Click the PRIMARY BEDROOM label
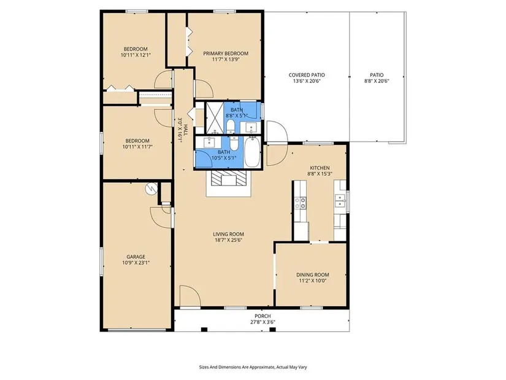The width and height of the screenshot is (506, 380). (226, 53)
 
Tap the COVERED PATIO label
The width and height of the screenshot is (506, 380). (307, 75)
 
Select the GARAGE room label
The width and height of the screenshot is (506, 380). (136, 257)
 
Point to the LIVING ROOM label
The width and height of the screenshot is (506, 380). (229, 234)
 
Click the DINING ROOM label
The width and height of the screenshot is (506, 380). (313, 274)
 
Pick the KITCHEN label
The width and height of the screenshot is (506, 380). (320, 168)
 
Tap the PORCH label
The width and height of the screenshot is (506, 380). (263, 316)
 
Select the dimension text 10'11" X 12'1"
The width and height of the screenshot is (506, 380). (136, 55)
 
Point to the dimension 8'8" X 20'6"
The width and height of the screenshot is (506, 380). (377, 81)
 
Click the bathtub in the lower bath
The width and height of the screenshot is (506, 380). (252, 152)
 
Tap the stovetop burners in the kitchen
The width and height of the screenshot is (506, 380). (301, 203)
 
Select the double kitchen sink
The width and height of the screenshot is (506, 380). (340, 201)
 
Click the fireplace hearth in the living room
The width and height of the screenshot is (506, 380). (229, 184)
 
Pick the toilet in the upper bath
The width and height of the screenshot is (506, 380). (231, 126)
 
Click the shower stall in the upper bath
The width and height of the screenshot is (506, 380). (215, 118)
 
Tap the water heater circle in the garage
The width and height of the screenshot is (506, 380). (151, 188)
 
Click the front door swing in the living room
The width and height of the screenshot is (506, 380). (190, 295)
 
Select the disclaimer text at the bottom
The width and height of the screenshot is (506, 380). (253, 367)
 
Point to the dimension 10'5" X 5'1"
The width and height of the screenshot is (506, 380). (224, 158)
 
